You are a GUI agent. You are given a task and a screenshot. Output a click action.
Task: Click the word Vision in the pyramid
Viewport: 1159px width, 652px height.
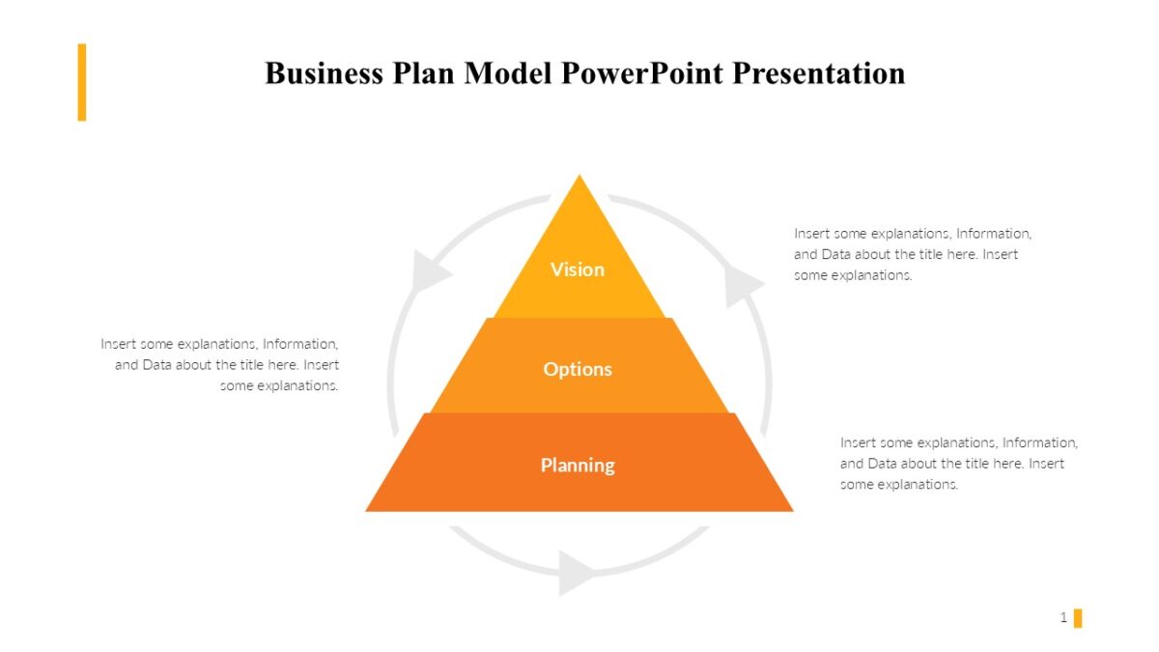[x=578, y=269]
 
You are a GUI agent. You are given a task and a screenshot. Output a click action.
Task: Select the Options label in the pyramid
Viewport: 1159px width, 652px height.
[x=578, y=369]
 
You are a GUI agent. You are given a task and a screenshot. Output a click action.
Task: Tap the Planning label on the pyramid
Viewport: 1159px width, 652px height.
[x=578, y=465]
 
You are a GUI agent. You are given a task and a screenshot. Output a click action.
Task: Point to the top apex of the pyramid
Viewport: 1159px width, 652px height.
[x=579, y=177]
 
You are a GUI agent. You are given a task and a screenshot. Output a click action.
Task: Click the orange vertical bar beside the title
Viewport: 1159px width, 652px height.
[x=82, y=82]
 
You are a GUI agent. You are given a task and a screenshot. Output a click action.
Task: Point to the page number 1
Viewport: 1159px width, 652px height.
[x=1063, y=617]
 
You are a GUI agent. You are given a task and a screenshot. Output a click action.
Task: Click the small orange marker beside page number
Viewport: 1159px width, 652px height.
[x=1078, y=618]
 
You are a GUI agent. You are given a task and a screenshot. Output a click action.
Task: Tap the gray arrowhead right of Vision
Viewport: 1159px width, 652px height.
[x=743, y=284]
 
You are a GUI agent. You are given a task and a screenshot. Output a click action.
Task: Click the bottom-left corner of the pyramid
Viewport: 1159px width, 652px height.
[x=368, y=509]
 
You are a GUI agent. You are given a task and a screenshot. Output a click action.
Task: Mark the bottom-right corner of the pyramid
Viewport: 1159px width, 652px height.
[x=791, y=509]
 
